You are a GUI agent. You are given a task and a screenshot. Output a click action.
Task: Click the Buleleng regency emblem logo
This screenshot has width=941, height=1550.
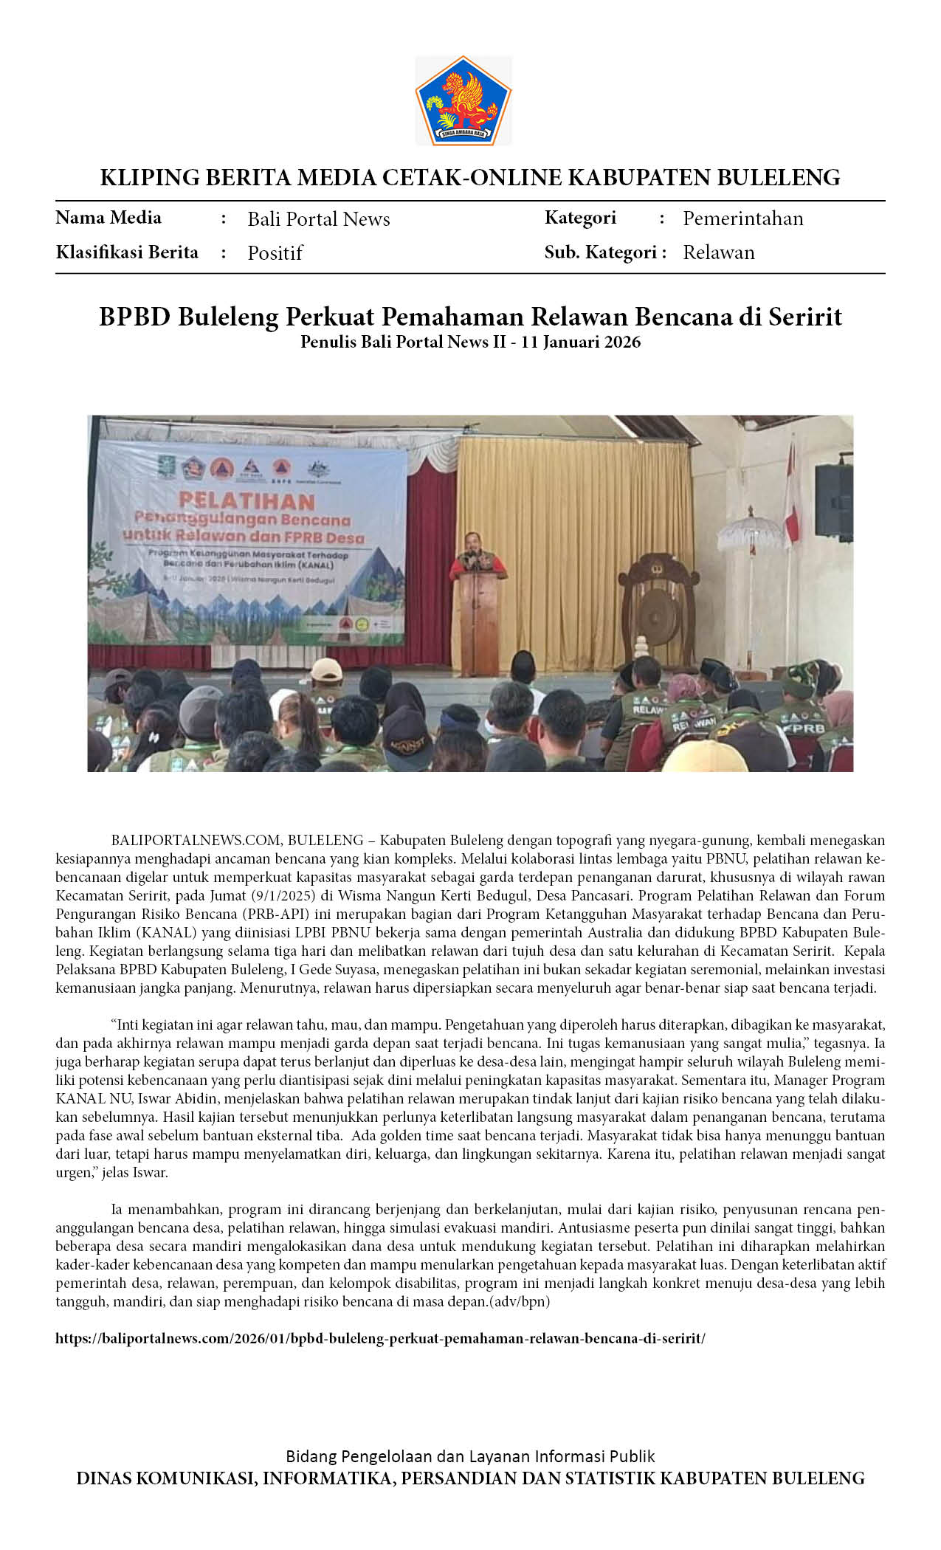coord(463,100)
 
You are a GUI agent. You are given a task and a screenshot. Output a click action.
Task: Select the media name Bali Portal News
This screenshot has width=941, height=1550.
coord(318,219)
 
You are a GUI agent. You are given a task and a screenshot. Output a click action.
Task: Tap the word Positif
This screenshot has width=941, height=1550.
coord(275,253)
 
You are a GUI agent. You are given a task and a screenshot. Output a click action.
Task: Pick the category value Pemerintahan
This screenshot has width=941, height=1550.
coord(742,218)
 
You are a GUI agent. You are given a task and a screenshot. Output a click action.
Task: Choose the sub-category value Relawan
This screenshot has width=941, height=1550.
coord(718,252)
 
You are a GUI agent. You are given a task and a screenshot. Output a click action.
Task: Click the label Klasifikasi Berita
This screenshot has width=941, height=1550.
coord(127,252)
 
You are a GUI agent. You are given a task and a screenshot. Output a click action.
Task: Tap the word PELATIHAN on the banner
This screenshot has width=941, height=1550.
coord(247,501)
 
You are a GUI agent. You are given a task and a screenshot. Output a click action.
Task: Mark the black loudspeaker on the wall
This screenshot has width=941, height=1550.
coord(833,501)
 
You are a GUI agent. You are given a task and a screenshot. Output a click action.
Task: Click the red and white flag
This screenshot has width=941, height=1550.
coord(791,495)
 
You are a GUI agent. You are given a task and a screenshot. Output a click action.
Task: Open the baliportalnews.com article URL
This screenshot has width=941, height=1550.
coord(380,1338)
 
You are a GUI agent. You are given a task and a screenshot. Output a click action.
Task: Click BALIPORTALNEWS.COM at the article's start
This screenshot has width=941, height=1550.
coord(196,840)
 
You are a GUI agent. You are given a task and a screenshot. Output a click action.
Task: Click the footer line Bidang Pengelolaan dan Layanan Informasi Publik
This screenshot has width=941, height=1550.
coord(470,1456)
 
